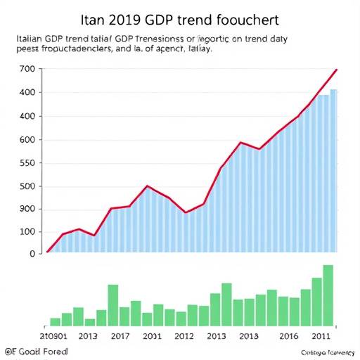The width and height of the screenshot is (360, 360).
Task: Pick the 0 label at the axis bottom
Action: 31,254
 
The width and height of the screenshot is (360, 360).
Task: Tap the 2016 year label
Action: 290,335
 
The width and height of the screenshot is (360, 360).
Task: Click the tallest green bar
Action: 328,295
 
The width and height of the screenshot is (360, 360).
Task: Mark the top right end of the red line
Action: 337,70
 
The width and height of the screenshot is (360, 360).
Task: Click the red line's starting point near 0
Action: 48,251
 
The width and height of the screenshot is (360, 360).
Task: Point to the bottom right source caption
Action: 328,352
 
